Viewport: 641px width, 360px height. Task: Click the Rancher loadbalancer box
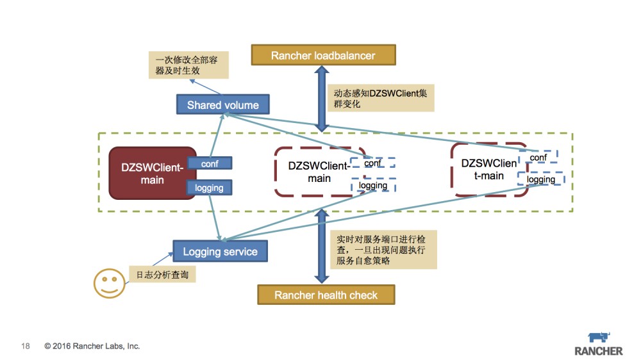(x=322, y=55)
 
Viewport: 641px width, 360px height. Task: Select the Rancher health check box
(x=326, y=295)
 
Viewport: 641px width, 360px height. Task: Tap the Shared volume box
(x=222, y=105)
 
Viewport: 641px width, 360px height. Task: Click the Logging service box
(x=220, y=251)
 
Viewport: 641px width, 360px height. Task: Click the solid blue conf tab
(x=210, y=163)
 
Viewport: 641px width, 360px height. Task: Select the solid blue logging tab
(x=209, y=188)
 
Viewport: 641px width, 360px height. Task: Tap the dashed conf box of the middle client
(x=372, y=163)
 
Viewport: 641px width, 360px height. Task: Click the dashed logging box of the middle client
(x=373, y=185)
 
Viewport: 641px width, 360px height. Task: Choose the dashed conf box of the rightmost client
(x=538, y=157)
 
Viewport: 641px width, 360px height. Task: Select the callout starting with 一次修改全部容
(x=187, y=65)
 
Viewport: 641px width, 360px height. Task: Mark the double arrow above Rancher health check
(x=321, y=247)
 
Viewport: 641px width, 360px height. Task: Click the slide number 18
(x=26, y=346)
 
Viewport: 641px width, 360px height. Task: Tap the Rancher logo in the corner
(x=598, y=344)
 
